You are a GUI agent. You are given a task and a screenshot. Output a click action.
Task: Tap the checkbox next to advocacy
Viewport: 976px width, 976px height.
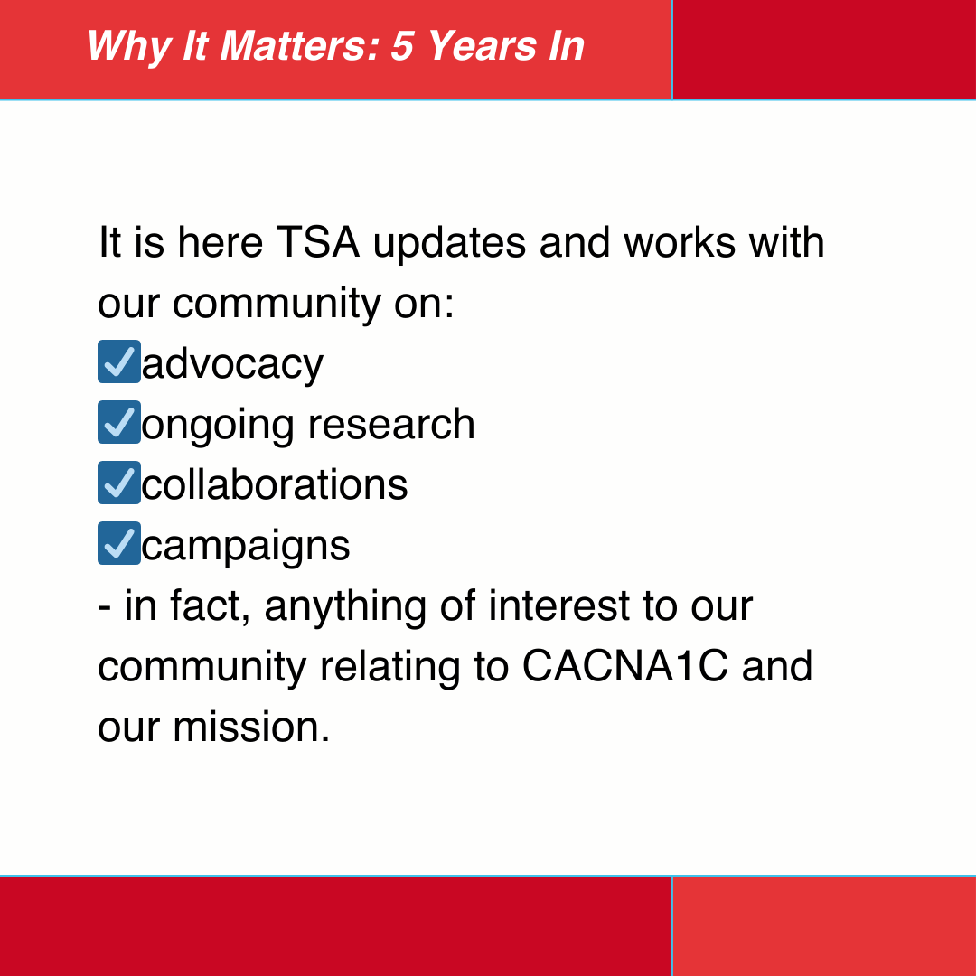[x=119, y=362]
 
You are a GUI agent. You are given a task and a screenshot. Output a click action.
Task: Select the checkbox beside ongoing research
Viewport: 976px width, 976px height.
[x=119, y=423]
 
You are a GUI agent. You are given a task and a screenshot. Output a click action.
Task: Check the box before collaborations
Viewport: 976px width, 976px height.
[x=119, y=483]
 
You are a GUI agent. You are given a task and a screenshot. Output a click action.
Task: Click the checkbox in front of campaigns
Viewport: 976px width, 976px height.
[x=119, y=544]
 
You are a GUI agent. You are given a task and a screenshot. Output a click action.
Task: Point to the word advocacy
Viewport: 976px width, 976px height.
[x=232, y=364]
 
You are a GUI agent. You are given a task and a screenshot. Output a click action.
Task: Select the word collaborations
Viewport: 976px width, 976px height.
[x=275, y=484]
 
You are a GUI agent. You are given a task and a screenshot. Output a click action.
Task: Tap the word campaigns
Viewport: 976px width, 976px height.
[x=246, y=546]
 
